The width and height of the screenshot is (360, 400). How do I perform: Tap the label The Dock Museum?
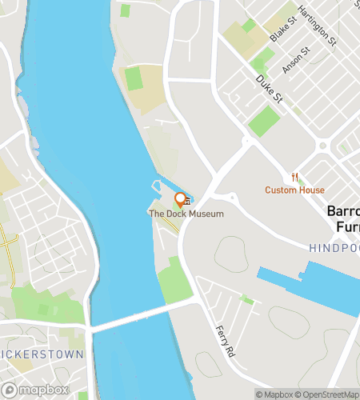[x=186, y=214]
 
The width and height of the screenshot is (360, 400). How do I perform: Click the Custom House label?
[x=295, y=190]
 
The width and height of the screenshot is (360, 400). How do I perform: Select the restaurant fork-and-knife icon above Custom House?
[x=295, y=178]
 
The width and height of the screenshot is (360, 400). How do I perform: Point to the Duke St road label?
[x=270, y=89]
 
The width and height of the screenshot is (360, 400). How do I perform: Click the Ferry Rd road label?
[x=226, y=340]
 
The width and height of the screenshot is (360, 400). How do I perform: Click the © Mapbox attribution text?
[x=273, y=394]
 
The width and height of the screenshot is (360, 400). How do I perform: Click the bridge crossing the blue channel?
[x=140, y=314]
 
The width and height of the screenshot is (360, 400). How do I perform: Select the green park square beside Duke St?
[x=264, y=121]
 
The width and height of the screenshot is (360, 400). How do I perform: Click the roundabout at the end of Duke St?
[x=247, y=142]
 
